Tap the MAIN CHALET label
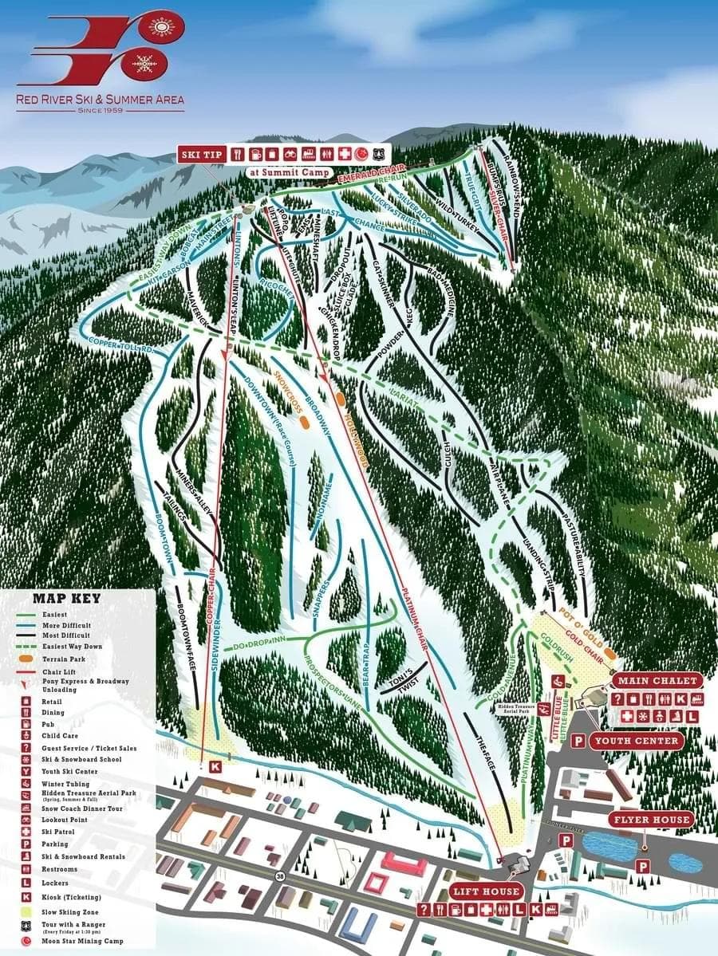(x=657, y=681)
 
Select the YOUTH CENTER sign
(x=637, y=741)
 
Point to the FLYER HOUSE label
(x=649, y=820)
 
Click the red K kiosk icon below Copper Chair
(x=215, y=766)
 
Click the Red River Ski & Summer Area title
(x=101, y=100)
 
